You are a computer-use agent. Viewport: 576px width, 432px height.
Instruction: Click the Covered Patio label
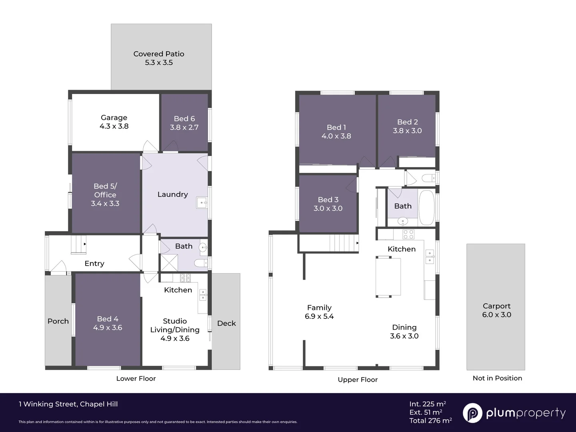pos(159,54)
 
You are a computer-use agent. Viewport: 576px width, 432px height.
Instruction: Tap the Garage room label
pos(114,118)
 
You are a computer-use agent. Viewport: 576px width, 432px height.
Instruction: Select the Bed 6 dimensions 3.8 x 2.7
pos(184,128)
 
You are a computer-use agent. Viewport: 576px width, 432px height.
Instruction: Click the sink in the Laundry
pos(202,203)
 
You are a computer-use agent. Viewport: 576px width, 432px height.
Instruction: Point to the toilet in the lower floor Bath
pos(200,263)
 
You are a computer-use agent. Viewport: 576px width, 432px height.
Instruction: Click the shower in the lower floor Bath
pos(169,263)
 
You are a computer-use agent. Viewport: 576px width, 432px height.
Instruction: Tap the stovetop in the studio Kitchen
pos(185,278)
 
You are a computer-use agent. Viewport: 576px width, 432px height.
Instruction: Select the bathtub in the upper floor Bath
pos(426,208)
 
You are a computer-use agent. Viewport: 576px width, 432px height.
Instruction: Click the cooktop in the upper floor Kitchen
pos(408,234)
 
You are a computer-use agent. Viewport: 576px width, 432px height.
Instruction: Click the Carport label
pos(496,306)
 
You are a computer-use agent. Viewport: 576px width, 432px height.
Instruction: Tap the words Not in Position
pos(497,378)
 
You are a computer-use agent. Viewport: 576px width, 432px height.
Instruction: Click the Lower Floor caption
pos(136,378)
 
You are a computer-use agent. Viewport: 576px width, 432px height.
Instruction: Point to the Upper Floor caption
pos(358,380)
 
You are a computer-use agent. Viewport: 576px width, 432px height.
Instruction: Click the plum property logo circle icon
pos(472,413)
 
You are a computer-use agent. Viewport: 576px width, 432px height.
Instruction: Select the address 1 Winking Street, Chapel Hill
pos(68,404)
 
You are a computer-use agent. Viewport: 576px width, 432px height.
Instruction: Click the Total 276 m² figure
pos(430,420)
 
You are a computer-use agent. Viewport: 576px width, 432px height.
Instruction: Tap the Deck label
pos(226,323)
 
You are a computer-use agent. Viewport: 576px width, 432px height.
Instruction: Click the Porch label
pos(58,321)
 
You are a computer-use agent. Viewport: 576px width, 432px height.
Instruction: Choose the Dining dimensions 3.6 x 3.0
pos(404,336)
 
